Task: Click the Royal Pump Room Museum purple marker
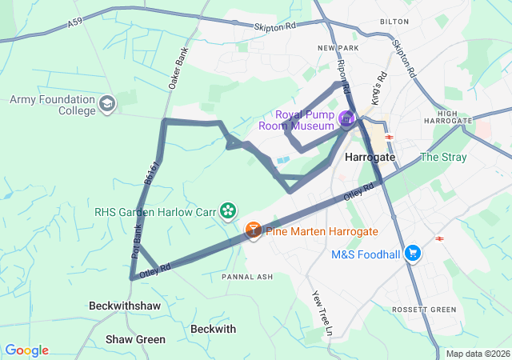[346, 120]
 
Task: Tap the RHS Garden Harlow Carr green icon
[229, 211]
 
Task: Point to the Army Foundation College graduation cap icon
[107, 104]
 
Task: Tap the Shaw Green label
[135, 339]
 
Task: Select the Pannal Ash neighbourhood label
[247, 277]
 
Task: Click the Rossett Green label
[424, 310]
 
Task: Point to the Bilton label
[394, 22]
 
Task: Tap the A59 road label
[74, 26]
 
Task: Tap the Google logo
[26, 350]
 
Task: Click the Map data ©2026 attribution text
[477, 354]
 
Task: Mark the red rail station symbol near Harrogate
[390, 137]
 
